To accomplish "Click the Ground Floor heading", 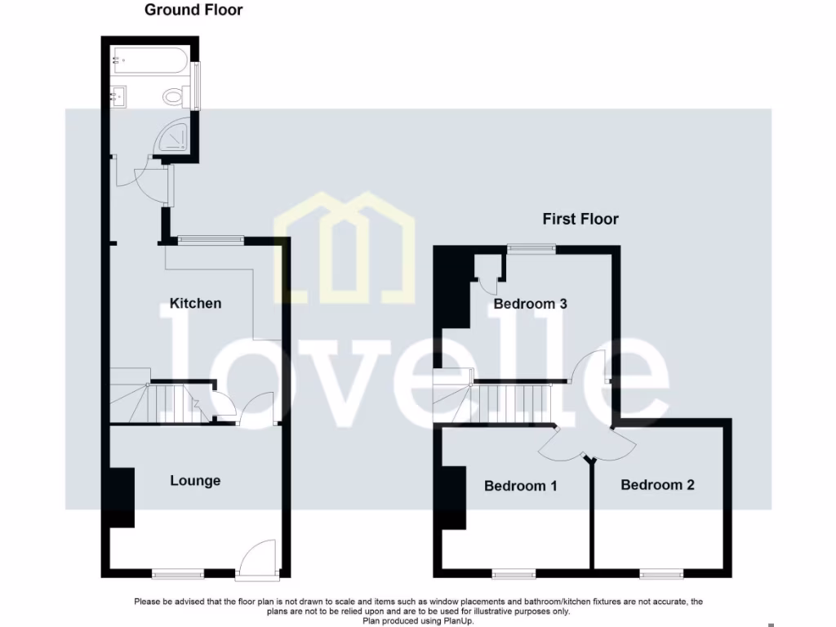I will coord(193,11).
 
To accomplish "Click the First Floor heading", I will coord(580,219).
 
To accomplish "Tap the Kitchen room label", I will coord(195,303).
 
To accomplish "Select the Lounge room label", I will coord(195,480).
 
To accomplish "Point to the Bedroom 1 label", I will coord(520,486).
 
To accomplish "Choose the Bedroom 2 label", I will coord(657,485).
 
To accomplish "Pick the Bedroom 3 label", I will coord(530,304).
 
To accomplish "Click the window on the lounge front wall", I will coord(177,573).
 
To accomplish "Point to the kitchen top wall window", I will coord(211,239).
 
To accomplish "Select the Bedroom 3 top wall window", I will coord(530,247).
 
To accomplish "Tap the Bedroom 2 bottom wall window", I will coord(660,572).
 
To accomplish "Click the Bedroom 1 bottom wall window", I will coord(514,572).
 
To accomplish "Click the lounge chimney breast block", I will coord(121,496).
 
